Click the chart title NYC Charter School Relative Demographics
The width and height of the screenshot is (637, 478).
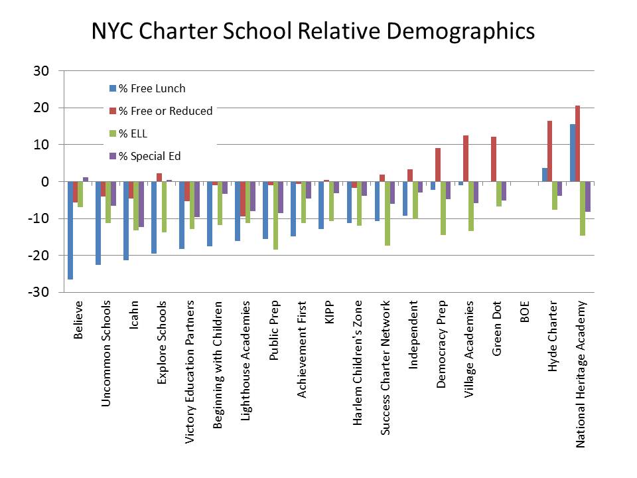pos(313,31)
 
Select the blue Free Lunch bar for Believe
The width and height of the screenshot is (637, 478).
pos(70,230)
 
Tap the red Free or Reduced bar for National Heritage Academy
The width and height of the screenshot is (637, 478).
pos(578,143)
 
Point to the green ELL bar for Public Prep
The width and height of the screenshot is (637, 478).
pos(275,215)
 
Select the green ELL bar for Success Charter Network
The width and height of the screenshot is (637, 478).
pos(387,213)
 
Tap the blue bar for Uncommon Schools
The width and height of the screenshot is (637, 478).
pos(98,223)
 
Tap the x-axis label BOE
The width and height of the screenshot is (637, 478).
pos(525,312)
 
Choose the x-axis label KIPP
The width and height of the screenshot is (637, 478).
pos(330,312)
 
